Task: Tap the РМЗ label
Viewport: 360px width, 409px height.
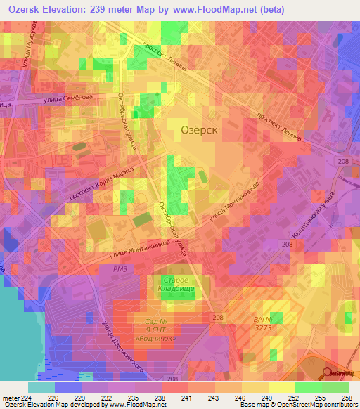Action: (101, 268)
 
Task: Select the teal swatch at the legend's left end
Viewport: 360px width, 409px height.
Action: (41, 387)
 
